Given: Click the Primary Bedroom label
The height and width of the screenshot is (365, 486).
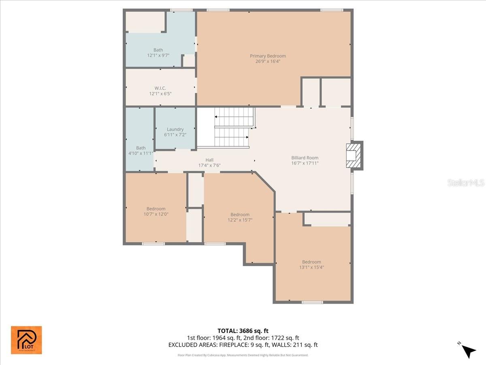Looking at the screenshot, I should [268, 56].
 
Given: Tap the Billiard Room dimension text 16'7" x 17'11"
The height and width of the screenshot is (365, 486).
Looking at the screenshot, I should [305, 163].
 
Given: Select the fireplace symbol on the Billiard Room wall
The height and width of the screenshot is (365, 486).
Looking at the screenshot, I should [354, 155].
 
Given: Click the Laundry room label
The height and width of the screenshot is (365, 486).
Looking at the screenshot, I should [175, 129].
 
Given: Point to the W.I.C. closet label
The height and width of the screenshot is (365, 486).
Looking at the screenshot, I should [160, 88].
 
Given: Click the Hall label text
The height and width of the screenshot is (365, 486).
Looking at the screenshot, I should [209, 160].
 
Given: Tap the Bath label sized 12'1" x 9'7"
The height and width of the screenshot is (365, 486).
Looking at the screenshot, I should [158, 50].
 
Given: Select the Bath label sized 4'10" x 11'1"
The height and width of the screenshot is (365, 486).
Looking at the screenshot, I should [141, 148].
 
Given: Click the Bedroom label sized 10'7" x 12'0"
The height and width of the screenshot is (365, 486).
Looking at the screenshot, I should [156, 209].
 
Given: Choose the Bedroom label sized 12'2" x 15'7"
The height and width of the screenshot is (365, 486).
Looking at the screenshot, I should [240, 215].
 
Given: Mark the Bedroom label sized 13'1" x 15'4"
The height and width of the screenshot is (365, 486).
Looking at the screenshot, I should [311, 262].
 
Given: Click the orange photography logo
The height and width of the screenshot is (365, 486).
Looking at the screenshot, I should [26, 340].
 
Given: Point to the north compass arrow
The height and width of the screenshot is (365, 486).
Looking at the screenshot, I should [469, 351].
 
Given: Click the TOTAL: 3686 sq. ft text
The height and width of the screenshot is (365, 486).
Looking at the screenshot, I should [243, 331].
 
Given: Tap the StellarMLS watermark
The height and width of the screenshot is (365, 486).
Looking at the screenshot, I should [465, 183].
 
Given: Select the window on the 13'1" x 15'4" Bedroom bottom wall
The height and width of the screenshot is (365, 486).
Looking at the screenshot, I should [312, 302].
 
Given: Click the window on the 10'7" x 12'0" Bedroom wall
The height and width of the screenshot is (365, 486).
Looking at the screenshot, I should [153, 244].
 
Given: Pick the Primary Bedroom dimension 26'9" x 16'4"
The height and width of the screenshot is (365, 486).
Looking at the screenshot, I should [268, 62].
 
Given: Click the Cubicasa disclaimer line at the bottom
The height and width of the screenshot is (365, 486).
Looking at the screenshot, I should [243, 355].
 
